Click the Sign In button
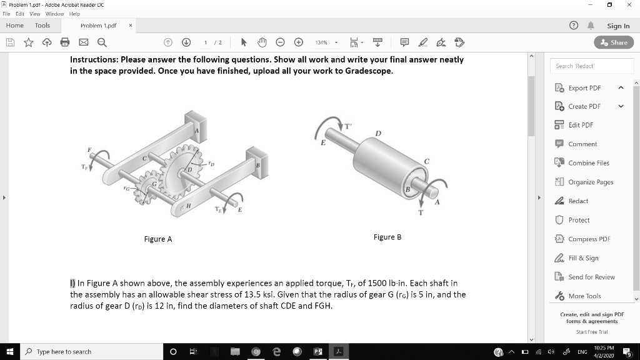click(x=617, y=26)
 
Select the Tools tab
click(x=42, y=26)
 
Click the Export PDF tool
click(x=584, y=88)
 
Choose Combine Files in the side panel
click(x=588, y=163)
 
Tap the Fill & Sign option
click(x=583, y=258)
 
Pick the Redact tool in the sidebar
click(x=578, y=201)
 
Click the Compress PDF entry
click(x=589, y=239)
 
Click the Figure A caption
click(x=157, y=239)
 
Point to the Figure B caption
click(x=387, y=237)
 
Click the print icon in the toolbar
click(x=65, y=42)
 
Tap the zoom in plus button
click(x=299, y=42)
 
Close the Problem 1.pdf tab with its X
click(x=130, y=26)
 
